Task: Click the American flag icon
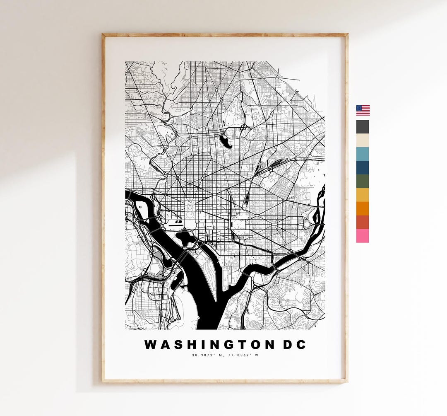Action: [363, 110]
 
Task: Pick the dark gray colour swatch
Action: [363, 127]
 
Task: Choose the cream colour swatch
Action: [363, 140]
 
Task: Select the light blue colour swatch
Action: [363, 154]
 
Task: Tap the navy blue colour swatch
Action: [363, 167]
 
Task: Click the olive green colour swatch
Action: [363, 181]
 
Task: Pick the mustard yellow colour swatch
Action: [363, 195]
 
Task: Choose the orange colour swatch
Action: [363, 208]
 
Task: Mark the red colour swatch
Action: [363, 222]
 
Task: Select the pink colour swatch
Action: [363, 236]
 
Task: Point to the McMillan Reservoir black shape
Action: [226, 142]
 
